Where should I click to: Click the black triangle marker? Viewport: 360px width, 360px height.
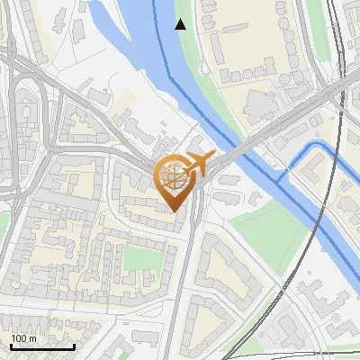(x=181, y=24)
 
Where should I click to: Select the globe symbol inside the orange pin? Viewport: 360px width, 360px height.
(x=173, y=177)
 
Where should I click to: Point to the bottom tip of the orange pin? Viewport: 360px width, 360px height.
(x=174, y=211)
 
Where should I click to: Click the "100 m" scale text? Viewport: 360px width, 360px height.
(x=23, y=338)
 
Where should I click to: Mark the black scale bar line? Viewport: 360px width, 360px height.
(x=41, y=346)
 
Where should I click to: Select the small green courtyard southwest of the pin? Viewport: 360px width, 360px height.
(x=139, y=259)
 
